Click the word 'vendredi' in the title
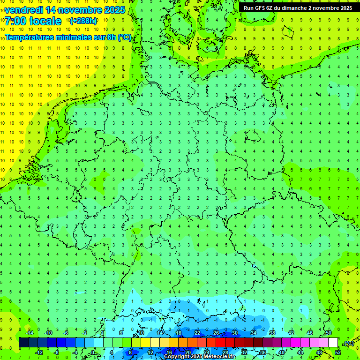[x=24, y=10]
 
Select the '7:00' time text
[x=16, y=21]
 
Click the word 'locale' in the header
[x=46, y=21]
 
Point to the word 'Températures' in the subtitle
[x=31, y=37]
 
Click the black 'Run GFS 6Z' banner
[x=299, y=8]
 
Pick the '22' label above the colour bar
[x=197, y=333]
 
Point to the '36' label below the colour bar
[x=263, y=352]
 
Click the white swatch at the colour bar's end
[x=333, y=343]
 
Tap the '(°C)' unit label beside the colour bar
[x=348, y=344]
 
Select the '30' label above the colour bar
[x=235, y=333]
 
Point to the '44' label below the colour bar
[x=300, y=352]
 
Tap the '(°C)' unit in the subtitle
[x=124, y=37]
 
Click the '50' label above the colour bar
[x=329, y=333]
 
